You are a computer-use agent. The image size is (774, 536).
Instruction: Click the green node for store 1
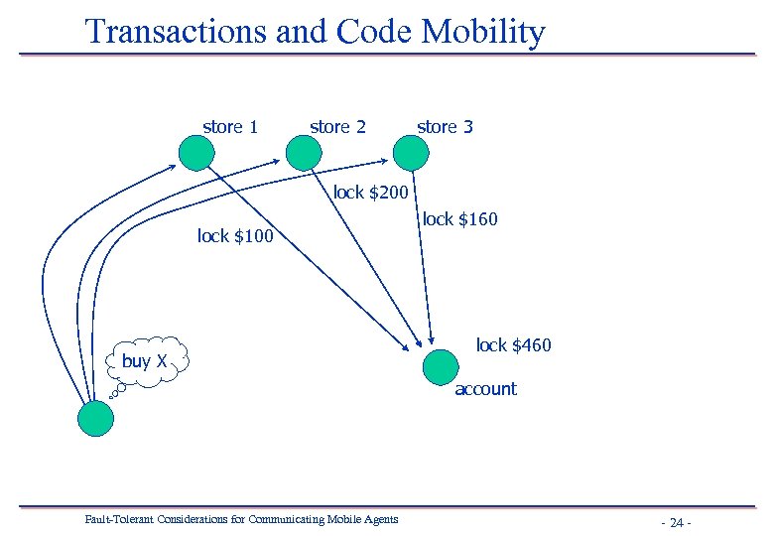coord(196,153)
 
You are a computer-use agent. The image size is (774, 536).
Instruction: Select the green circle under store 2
coord(304,153)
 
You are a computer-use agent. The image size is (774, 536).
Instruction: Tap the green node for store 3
coord(411,153)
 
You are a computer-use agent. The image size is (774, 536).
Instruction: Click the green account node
coord(441,367)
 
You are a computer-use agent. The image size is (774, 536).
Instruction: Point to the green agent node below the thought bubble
coord(96,418)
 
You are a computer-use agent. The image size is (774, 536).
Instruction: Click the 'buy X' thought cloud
coord(146,361)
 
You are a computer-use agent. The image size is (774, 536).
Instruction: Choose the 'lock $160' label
coord(459,219)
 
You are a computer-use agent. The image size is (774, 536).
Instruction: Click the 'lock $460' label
coord(513,345)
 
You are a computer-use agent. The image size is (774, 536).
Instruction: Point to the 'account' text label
coord(485,389)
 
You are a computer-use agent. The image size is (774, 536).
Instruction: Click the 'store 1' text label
coord(230,127)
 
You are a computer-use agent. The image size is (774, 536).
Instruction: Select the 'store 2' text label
coord(337,127)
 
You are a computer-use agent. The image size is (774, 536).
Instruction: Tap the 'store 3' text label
coord(445,127)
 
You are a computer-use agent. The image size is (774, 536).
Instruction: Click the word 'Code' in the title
coord(375,32)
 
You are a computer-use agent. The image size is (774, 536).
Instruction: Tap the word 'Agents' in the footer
coord(379,519)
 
